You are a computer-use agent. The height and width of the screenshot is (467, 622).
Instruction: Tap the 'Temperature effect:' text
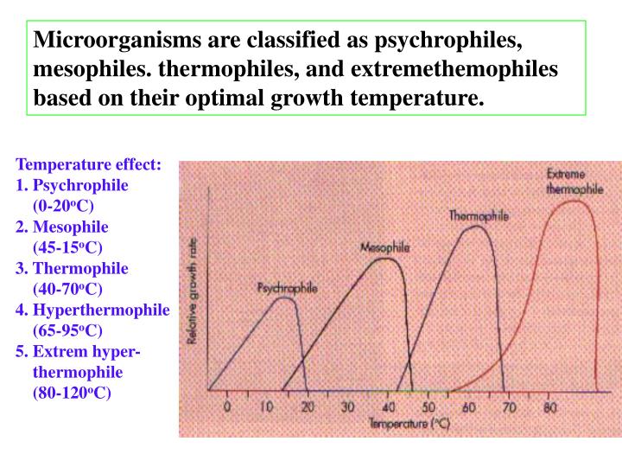point(88,164)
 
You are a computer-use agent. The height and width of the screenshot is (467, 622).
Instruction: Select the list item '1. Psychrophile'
point(73,186)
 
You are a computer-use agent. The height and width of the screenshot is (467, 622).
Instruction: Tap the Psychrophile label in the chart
point(287,287)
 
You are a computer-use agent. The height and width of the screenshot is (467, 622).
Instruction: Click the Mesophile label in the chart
point(384,247)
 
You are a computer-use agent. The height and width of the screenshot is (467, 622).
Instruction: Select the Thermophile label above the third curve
point(479,215)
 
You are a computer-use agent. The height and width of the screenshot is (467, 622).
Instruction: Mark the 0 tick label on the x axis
point(227,406)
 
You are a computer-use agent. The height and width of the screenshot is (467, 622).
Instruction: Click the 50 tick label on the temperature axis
point(428,407)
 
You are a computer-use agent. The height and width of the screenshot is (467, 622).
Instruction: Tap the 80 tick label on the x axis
point(549,406)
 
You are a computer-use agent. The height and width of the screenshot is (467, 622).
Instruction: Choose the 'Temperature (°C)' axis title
point(408,424)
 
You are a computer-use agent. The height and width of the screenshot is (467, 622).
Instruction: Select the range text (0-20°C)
point(63,207)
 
